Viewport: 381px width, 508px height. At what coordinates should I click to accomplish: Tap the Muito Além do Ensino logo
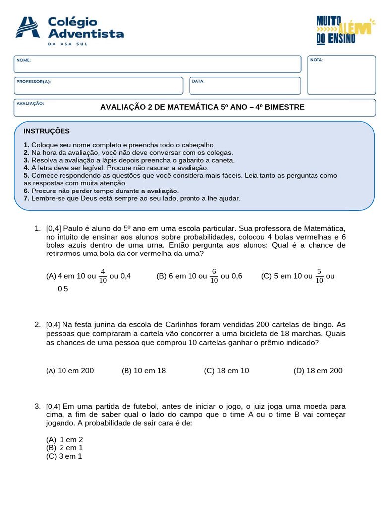(x=343, y=29)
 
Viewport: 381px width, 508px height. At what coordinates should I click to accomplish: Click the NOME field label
(x=23, y=60)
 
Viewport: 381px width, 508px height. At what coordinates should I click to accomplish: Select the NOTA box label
(x=317, y=60)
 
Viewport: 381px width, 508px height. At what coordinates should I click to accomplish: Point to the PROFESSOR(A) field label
(x=33, y=81)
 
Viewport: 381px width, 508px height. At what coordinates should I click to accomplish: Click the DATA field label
(x=198, y=81)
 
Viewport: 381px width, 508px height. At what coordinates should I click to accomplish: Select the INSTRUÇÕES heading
(x=47, y=131)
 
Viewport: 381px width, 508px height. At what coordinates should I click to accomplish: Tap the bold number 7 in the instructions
(x=26, y=198)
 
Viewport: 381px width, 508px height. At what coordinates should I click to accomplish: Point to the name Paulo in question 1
(x=73, y=228)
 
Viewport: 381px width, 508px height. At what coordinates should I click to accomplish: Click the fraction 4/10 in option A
(x=103, y=276)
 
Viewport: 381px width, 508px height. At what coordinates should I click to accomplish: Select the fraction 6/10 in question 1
(x=214, y=276)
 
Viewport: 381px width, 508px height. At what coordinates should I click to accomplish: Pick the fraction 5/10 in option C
(x=319, y=276)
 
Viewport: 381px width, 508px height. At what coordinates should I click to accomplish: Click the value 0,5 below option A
(x=63, y=289)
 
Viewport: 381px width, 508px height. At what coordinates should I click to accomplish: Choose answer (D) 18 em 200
(x=317, y=371)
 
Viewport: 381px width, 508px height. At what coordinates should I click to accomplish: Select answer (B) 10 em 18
(x=143, y=371)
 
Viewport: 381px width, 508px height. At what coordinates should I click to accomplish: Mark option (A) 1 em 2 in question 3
(x=64, y=440)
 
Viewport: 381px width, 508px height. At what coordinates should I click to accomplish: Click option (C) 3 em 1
(x=64, y=456)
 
